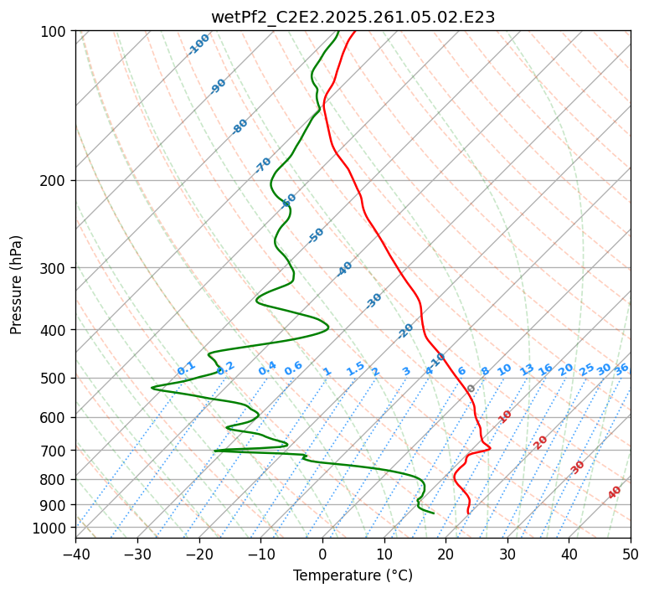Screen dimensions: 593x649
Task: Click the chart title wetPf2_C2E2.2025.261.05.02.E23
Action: (353, 17)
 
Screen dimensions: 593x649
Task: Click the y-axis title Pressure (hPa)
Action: (17, 284)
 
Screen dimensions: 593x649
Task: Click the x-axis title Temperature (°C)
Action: (353, 576)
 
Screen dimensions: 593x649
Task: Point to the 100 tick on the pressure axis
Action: (55, 31)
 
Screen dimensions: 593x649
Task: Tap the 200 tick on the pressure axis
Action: (55, 180)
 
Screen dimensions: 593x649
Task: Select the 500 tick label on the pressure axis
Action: (55, 378)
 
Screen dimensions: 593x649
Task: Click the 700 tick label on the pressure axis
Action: (55, 451)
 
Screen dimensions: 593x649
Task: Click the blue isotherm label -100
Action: (199, 44)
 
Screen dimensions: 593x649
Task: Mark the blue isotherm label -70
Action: (263, 165)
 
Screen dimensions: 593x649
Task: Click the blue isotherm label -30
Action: (373, 301)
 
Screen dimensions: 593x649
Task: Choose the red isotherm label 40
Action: (615, 492)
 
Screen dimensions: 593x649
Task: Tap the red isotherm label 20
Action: (541, 441)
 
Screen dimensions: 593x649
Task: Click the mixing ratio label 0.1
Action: (186, 369)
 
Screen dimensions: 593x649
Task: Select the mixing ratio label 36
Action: (621, 369)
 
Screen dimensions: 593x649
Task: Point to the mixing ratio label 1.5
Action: (355, 369)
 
